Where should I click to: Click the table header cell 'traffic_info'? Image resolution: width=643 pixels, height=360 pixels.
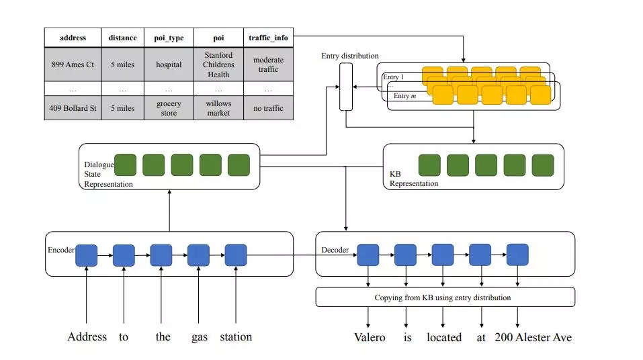pyautogui.click(x=268, y=38)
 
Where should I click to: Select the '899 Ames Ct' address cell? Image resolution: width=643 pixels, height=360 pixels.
pyautogui.click(x=73, y=64)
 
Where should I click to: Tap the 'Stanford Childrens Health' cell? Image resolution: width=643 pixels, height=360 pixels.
pyautogui.click(x=218, y=64)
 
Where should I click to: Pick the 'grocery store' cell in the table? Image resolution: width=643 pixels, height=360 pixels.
pyautogui.click(x=169, y=108)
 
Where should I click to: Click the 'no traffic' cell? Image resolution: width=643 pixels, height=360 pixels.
pyautogui.click(x=268, y=108)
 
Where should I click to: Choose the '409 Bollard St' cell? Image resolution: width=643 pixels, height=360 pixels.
pyautogui.click(x=73, y=108)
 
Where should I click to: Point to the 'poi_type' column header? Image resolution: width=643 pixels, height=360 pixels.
pyautogui.click(x=169, y=38)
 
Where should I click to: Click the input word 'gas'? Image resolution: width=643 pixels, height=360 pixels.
pyautogui.click(x=198, y=336)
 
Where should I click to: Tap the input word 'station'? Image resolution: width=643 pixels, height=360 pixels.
pyautogui.click(x=236, y=336)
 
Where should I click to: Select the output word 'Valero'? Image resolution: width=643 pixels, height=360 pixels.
pyautogui.click(x=370, y=337)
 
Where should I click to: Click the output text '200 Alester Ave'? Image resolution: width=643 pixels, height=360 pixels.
pyautogui.click(x=533, y=337)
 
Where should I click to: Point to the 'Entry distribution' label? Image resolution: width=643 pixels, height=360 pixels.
pyautogui.click(x=349, y=56)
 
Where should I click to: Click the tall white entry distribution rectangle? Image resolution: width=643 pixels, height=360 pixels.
pyautogui.click(x=346, y=87)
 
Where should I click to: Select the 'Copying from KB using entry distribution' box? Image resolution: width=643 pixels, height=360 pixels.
pyautogui.click(x=445, y=298)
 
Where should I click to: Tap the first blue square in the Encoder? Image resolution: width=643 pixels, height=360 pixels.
pyautogui.click(x=87, y=255)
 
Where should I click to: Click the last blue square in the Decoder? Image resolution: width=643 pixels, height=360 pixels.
pyautogui.click(x=517, y=255)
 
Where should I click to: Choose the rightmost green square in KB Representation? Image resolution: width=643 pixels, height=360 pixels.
pyautogui.click(x=543, y=165)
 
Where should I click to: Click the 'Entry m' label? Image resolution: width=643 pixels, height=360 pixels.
pyautogui.click(x=404, y=96)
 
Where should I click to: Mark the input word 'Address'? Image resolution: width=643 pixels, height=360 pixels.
pyautogui.click(x=87, y=336)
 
